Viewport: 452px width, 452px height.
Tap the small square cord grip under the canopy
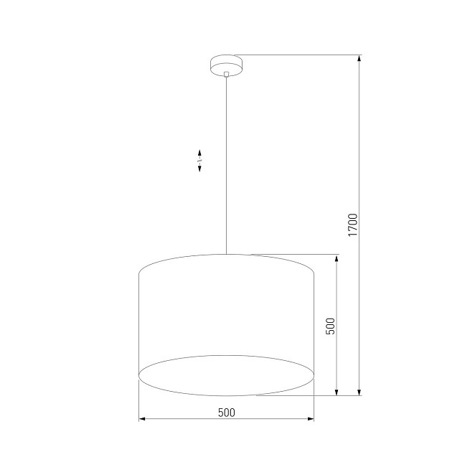pos(226,74)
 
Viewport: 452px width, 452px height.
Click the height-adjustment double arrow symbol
pos(199,160)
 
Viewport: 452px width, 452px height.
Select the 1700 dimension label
pos(352,225)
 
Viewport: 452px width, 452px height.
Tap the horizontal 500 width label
pos(226,412)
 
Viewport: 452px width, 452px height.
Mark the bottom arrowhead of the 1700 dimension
pos(359,391)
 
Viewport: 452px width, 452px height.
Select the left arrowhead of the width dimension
pos(141,418)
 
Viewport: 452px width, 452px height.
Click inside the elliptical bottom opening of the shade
pos(226,375)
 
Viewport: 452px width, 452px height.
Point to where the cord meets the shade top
pos(226,254)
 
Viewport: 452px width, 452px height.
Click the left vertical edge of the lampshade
pos(138,323)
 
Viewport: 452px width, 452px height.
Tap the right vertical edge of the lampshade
pos(314,323)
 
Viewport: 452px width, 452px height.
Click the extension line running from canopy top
pos(301,55)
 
